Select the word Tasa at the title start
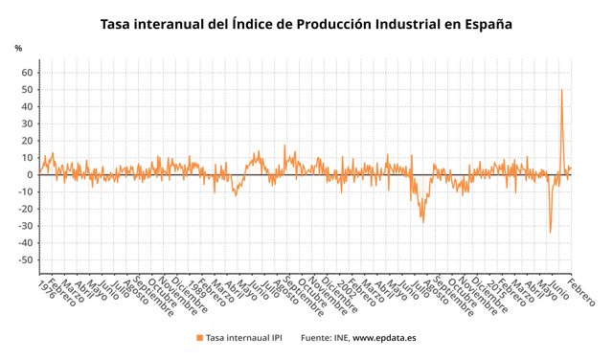(118, 23)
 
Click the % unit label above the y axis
(18, 48)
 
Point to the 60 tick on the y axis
(28, 73)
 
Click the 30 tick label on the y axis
(28, 124)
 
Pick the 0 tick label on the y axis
(31, 174)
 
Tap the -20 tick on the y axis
(26, 209)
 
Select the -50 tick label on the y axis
(26, 259)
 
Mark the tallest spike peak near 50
(561, 90)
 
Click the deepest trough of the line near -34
(550, 232)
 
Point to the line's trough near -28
(422, 221)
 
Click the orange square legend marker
(199, 338)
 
